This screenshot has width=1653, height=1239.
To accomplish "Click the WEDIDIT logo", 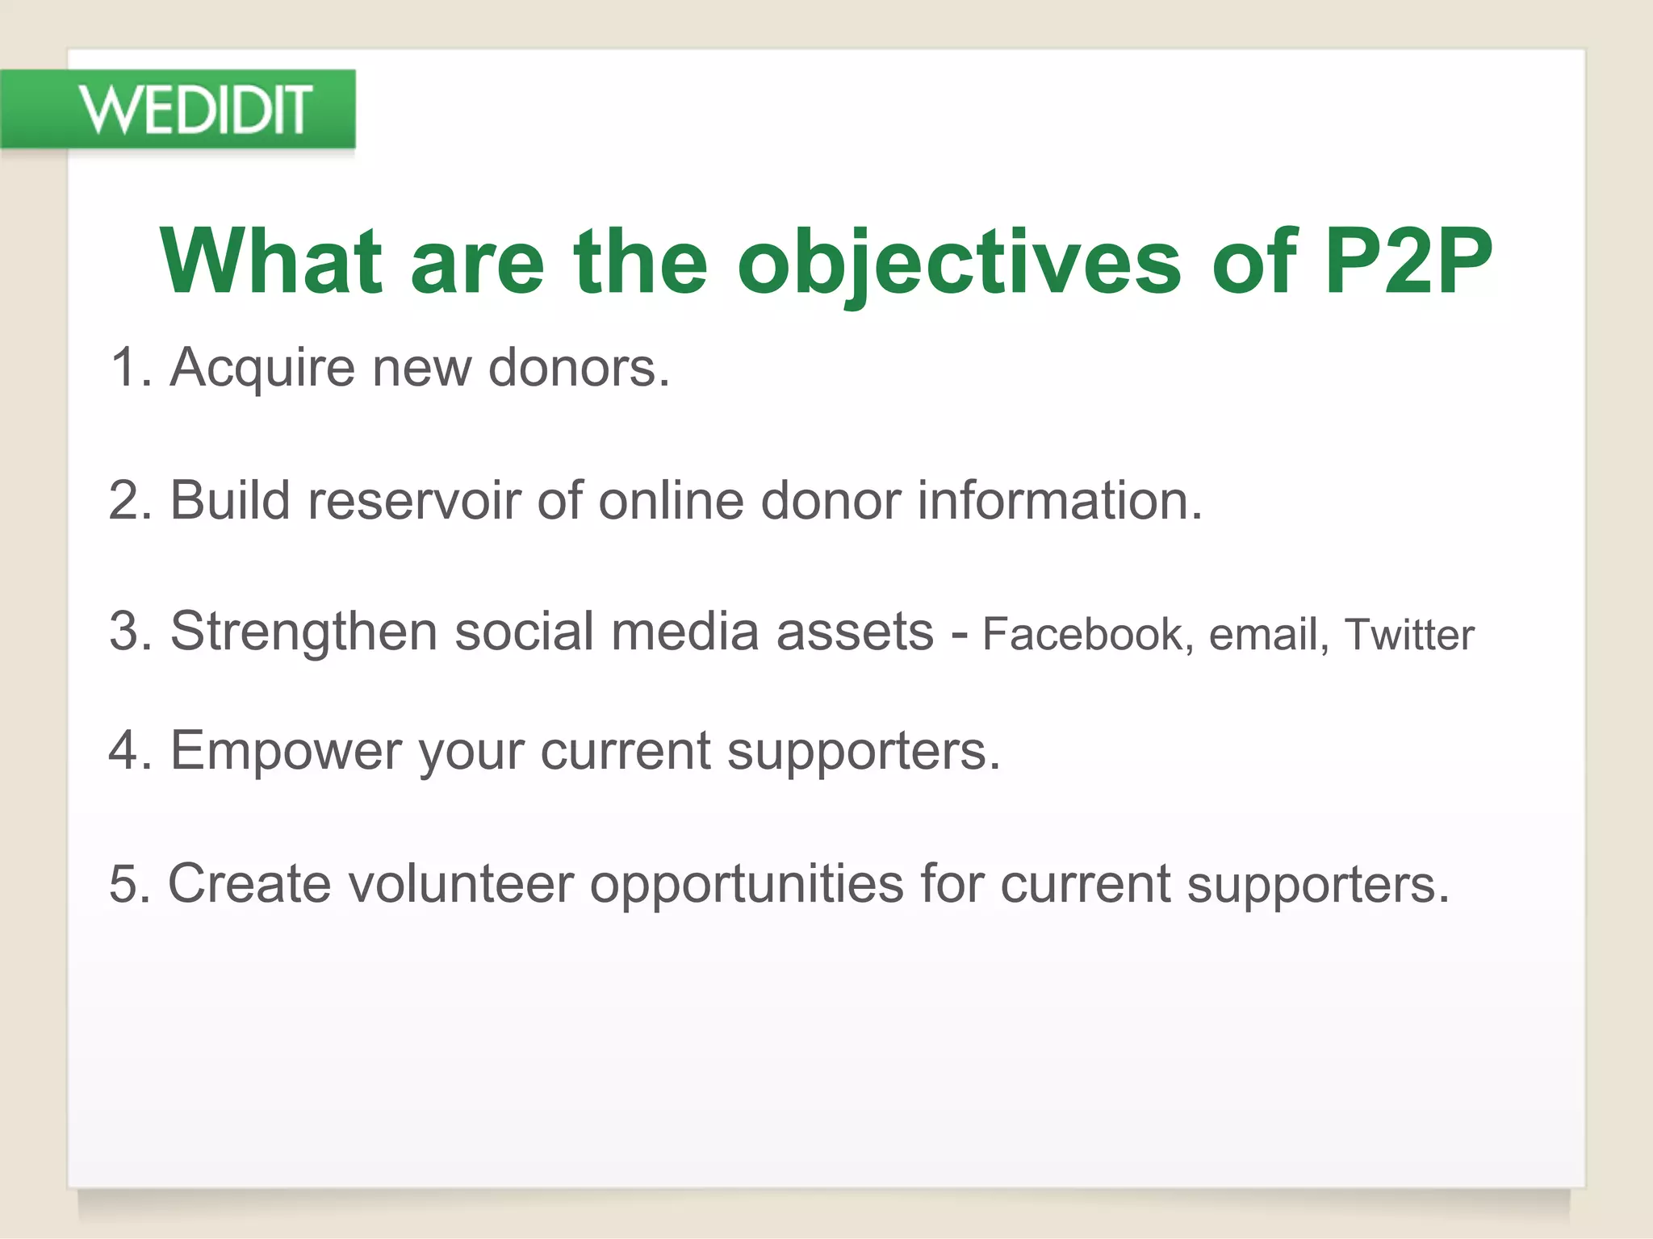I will pos(194,110).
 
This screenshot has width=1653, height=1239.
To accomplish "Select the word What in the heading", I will pos(270,261).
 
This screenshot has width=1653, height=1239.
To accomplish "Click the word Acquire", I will pos(262,369).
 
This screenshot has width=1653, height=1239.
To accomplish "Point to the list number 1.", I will pos(125,369).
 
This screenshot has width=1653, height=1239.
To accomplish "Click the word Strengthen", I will pos(303,631).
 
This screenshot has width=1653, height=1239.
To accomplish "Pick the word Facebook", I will pos(1082,634).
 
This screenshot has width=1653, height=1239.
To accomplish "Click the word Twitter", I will pos(1409,634).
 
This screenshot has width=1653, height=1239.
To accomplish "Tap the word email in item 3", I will pos(1263,634).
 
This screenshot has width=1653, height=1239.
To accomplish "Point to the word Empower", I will pos(286,752).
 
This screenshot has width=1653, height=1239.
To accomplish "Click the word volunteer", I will pos(461,883).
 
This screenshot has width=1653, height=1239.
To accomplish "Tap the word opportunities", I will pos(747,885).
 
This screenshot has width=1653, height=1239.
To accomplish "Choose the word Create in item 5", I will pos(249,883).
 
